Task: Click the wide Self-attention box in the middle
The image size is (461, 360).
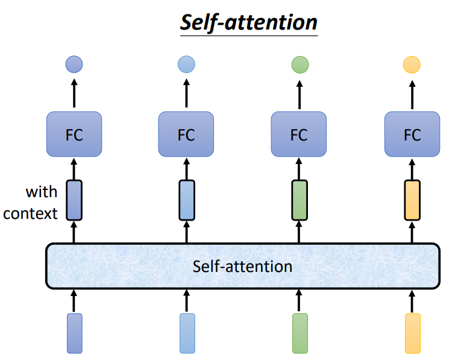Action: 242,266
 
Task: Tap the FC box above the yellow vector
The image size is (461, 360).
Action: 412,134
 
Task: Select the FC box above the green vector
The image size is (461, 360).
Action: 299,134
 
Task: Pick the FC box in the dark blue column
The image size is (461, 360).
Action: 74,134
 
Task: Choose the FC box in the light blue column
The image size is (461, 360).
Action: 186,134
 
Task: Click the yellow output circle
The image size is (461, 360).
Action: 412,64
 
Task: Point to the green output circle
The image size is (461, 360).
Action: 299,64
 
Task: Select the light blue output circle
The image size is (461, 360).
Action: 187,64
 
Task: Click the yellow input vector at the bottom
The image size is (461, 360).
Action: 412,333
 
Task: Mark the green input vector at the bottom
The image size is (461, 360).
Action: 299,333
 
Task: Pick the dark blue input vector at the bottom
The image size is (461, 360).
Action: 74,333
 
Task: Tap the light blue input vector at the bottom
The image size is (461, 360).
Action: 187,333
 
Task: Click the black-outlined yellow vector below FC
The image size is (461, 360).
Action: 412,200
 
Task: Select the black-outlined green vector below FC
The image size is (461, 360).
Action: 299,200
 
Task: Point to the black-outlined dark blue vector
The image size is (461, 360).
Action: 74,200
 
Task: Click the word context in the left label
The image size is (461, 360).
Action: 30,213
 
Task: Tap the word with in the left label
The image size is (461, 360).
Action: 41,192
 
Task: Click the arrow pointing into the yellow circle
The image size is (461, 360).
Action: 412,93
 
